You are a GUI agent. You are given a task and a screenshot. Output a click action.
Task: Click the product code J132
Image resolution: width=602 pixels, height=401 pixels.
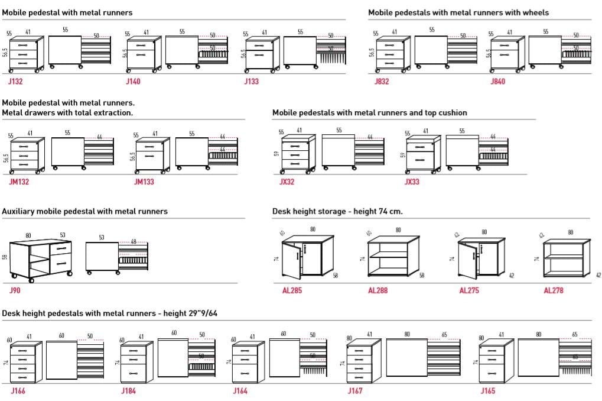click(x=16, y=82)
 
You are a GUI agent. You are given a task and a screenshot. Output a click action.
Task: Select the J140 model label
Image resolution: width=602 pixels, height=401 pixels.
click(x=133, y=82)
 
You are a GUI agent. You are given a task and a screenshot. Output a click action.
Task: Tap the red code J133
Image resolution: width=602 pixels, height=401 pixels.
click(x=251, y=82)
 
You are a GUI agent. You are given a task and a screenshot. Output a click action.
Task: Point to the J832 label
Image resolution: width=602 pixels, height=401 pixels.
click(x=382, y=82)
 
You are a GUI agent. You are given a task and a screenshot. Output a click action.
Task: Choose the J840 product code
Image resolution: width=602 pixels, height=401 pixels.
click(x=498, y=82)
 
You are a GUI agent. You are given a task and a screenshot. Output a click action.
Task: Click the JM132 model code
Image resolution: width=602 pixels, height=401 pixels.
click(x=19, y=182)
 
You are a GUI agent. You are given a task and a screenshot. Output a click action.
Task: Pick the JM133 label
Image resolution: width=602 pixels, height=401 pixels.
click(x=144, y=182)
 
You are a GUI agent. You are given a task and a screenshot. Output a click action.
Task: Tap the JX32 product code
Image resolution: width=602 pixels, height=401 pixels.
click(x=287, y=182)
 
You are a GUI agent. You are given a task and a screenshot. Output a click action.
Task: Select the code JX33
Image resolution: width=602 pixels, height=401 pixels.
click(x=412, y=182)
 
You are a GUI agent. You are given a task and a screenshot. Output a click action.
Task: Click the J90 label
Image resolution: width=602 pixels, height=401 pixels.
click(x=15, y=290)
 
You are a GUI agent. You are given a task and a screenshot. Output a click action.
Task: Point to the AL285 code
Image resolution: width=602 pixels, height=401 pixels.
click(x=292, y=290)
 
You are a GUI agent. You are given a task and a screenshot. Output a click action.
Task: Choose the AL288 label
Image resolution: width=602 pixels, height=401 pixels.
click(x=378, y=290)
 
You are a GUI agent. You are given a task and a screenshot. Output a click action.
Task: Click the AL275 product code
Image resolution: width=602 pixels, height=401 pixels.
click(x=469, y=290)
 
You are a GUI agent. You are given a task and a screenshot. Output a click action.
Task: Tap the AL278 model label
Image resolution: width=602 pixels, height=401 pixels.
click(x=554, y=290)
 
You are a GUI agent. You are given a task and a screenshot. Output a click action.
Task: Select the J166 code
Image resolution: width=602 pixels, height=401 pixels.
click(x=18, y=391)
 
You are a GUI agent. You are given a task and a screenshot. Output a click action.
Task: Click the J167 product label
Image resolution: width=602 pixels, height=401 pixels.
click(x=354, y=391)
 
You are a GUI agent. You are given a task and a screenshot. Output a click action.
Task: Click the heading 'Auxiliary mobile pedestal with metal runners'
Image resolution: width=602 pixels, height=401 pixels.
click(x=84, y=211)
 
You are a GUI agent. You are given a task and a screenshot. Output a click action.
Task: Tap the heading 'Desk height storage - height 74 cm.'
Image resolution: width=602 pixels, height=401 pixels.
click(x=337, y=211)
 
